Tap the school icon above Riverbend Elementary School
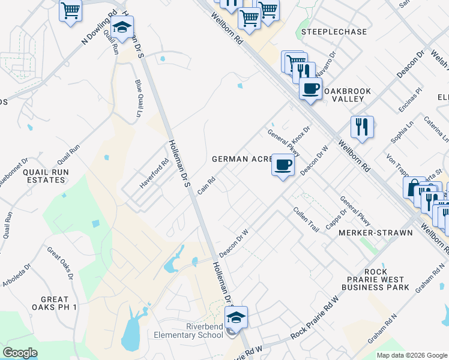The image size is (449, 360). (237, 317)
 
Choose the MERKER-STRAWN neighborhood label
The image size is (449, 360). (376, 233)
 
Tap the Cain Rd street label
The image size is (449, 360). (206, 184)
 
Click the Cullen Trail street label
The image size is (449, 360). (305, 220)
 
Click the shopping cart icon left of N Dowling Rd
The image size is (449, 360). (71, 10)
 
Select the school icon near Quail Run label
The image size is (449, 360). (122, 27)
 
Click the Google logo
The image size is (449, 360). (20, 353)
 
